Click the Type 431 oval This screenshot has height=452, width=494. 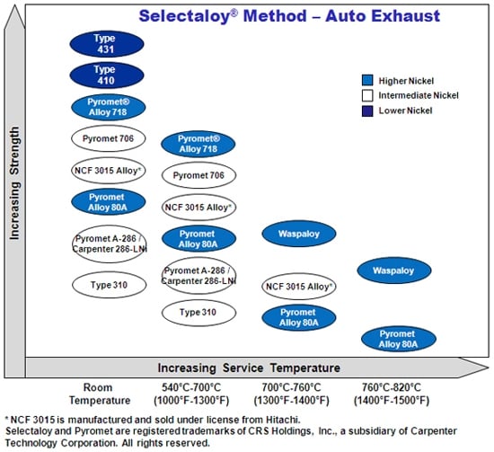[x=106, y=43]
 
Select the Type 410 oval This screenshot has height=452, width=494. [x=106, y=75]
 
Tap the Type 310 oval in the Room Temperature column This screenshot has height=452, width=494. [x=108, y=284]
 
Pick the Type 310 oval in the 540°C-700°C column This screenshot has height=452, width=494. [x=198, y=312]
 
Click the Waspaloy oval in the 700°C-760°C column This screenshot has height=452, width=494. [x=299, y=235]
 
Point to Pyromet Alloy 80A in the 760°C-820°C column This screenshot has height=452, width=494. [x=399, y=338]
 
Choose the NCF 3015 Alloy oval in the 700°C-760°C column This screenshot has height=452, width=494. [x=299, y=287]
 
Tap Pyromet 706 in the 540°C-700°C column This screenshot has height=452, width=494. [x=198, y=174]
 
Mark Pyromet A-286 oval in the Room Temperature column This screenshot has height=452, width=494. [x=108, y=244]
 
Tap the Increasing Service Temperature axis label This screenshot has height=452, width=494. [x=249, y=368]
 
